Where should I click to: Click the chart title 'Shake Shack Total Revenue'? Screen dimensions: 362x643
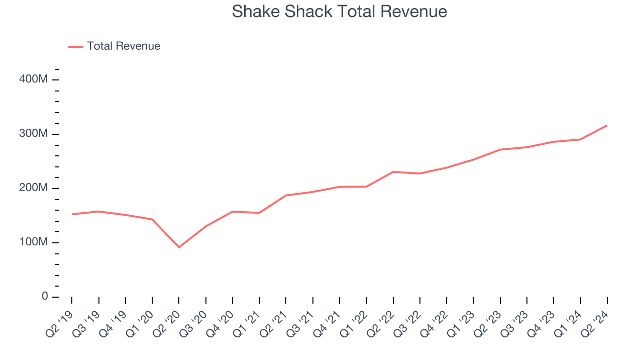coord(340,12)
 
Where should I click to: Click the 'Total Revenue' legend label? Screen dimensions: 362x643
coord(124,46)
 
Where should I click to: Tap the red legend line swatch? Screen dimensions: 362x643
coord(76,47)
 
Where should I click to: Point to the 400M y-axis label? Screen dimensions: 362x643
coord(34,79)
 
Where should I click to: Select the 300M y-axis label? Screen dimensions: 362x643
coord(34,134)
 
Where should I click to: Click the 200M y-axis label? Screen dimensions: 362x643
coord(34,188)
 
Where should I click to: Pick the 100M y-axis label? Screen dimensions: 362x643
coord(34,242)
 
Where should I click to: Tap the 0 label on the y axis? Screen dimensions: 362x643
coord(44,297)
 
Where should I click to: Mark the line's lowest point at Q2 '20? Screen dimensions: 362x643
coord(179,247)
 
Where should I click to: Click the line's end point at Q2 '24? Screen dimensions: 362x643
coord(607,125)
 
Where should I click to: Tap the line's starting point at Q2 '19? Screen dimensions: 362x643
coord(72,214)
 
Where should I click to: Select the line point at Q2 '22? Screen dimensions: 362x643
coord(393,172)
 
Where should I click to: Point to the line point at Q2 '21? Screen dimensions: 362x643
coord(286,195)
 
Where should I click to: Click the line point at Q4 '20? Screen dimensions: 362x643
coord(233,212)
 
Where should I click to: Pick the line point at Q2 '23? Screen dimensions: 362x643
coord(500,150)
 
